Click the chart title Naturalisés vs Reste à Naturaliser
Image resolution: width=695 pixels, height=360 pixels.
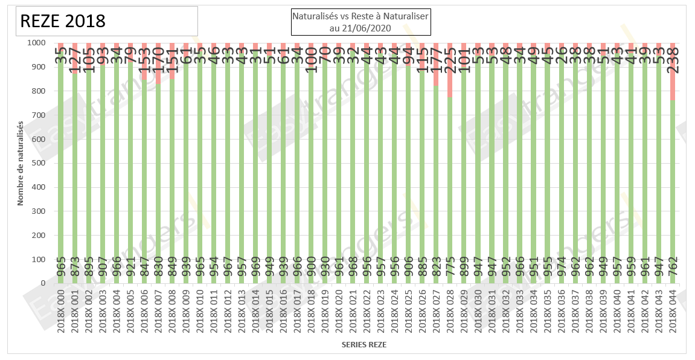pyautogui.click(x=360, y=16)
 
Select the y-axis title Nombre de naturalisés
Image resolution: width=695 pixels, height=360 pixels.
pyautogui.click(x=21, y=163)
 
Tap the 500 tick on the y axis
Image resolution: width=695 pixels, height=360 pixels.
pyautogui.click(x=37, y=163)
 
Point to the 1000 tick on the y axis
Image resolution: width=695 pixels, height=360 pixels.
pyautogui.click(x=34, y=43)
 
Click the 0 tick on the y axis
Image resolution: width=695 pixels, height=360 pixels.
pyautogui.click(x=42, y=283)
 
